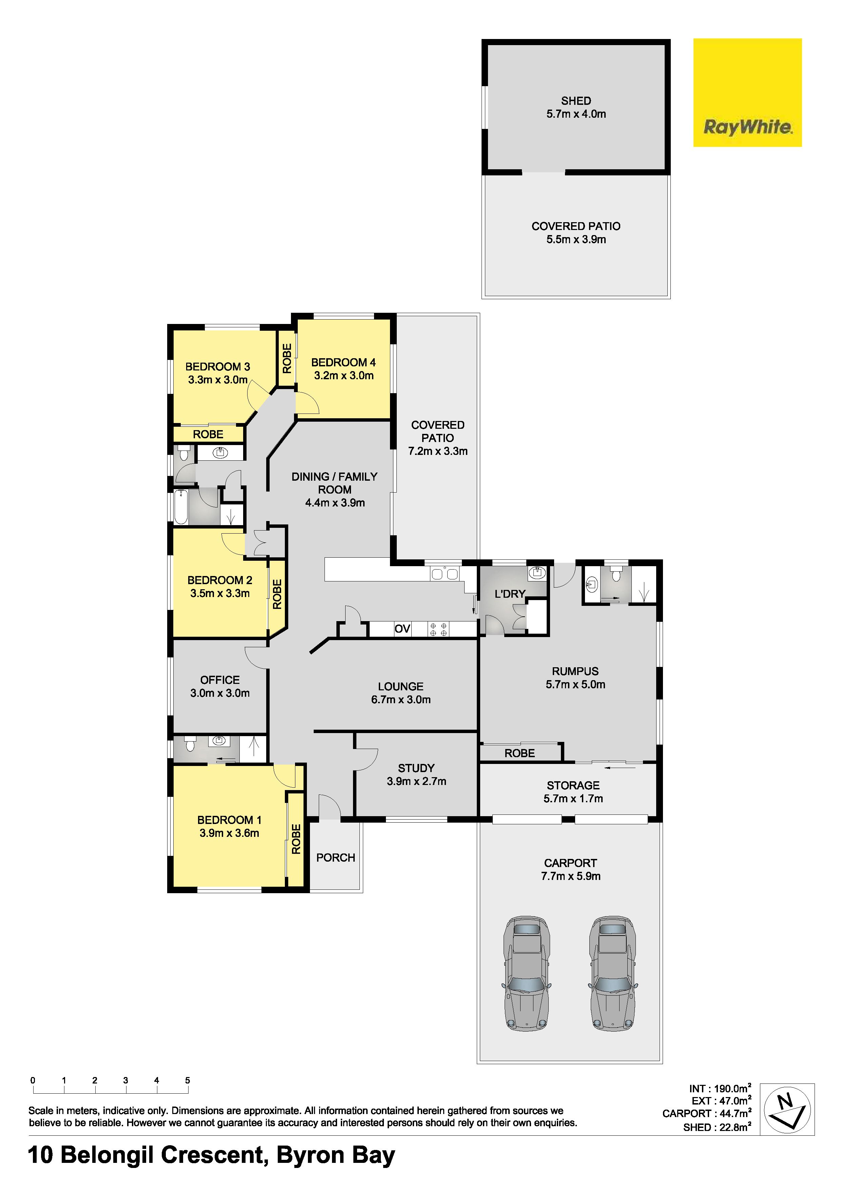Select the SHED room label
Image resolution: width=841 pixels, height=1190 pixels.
(x=576, y=100)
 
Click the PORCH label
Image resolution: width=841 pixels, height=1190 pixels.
(x=335, y=858)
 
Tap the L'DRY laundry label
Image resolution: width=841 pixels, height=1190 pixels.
(x=510, y=594)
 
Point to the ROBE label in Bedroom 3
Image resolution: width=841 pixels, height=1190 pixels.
(x=208, y=434)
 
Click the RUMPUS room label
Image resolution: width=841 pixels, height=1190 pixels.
(x=575, y=671)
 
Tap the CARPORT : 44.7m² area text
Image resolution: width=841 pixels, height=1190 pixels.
(x=707, y=1113)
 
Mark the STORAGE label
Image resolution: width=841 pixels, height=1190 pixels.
(x=573, y=785)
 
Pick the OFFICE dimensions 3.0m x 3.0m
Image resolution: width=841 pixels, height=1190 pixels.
(x=220, y=693)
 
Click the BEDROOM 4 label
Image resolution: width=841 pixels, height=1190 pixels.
(x=343, y=362)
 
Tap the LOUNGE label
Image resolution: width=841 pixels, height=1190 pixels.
(x=400, y=686)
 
